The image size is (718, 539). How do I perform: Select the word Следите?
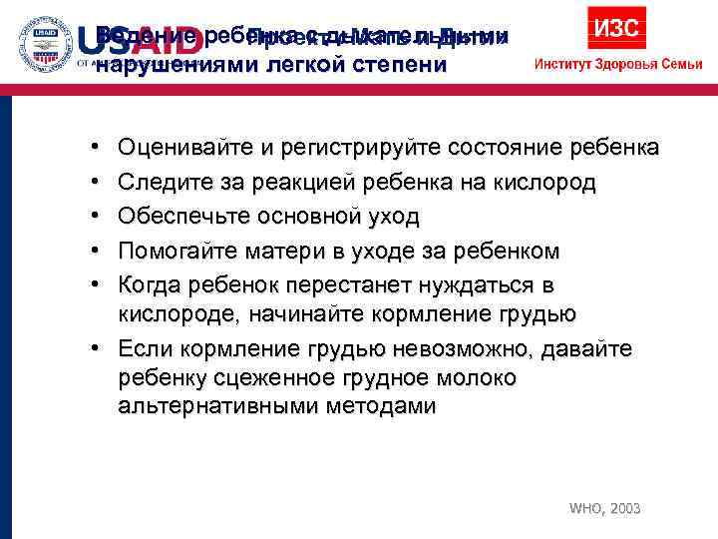(x=157, y=183)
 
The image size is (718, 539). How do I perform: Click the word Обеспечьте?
(x=176, y=217)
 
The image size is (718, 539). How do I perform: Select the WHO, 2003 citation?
(x=604, y=509)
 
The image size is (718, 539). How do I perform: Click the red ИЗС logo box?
(x=616, y=27)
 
